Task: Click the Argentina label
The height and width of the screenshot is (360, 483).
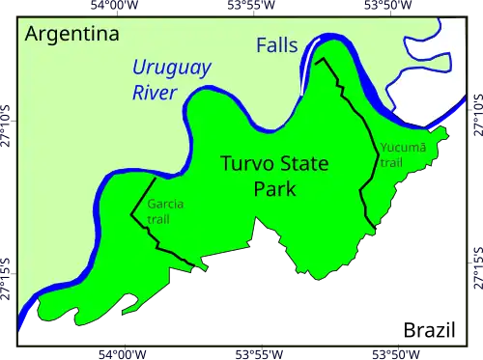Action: click(x=71, y=35)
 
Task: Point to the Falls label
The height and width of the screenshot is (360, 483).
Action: click(x=276, y=45)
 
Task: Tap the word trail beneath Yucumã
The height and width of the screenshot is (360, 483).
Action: click(x=390, y=162)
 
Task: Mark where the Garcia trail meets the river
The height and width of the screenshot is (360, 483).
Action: click(x=153, y=179)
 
